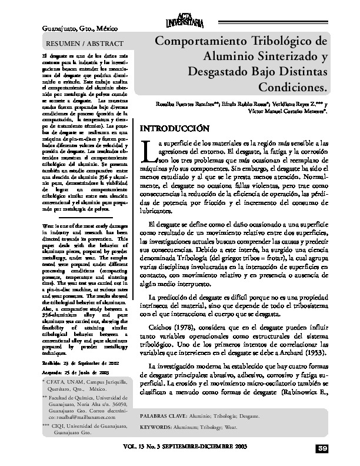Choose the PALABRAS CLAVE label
point(166,415)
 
